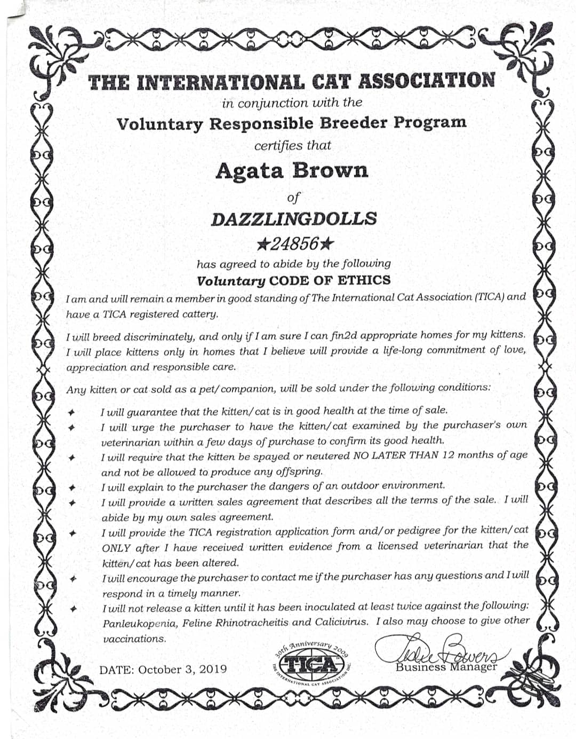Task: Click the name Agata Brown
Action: click(292, 171)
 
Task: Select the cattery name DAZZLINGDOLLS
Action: click(294, 219)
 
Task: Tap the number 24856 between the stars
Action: click(294, 244)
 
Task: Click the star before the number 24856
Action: click(262, 245)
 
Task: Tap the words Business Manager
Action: click(446, 667)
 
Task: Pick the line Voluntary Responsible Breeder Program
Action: click(292, 123)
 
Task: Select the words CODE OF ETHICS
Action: click(330, 280)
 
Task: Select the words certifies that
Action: click(292, 145)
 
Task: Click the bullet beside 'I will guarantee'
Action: click(71, 412)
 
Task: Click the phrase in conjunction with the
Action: click(292, 103)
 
